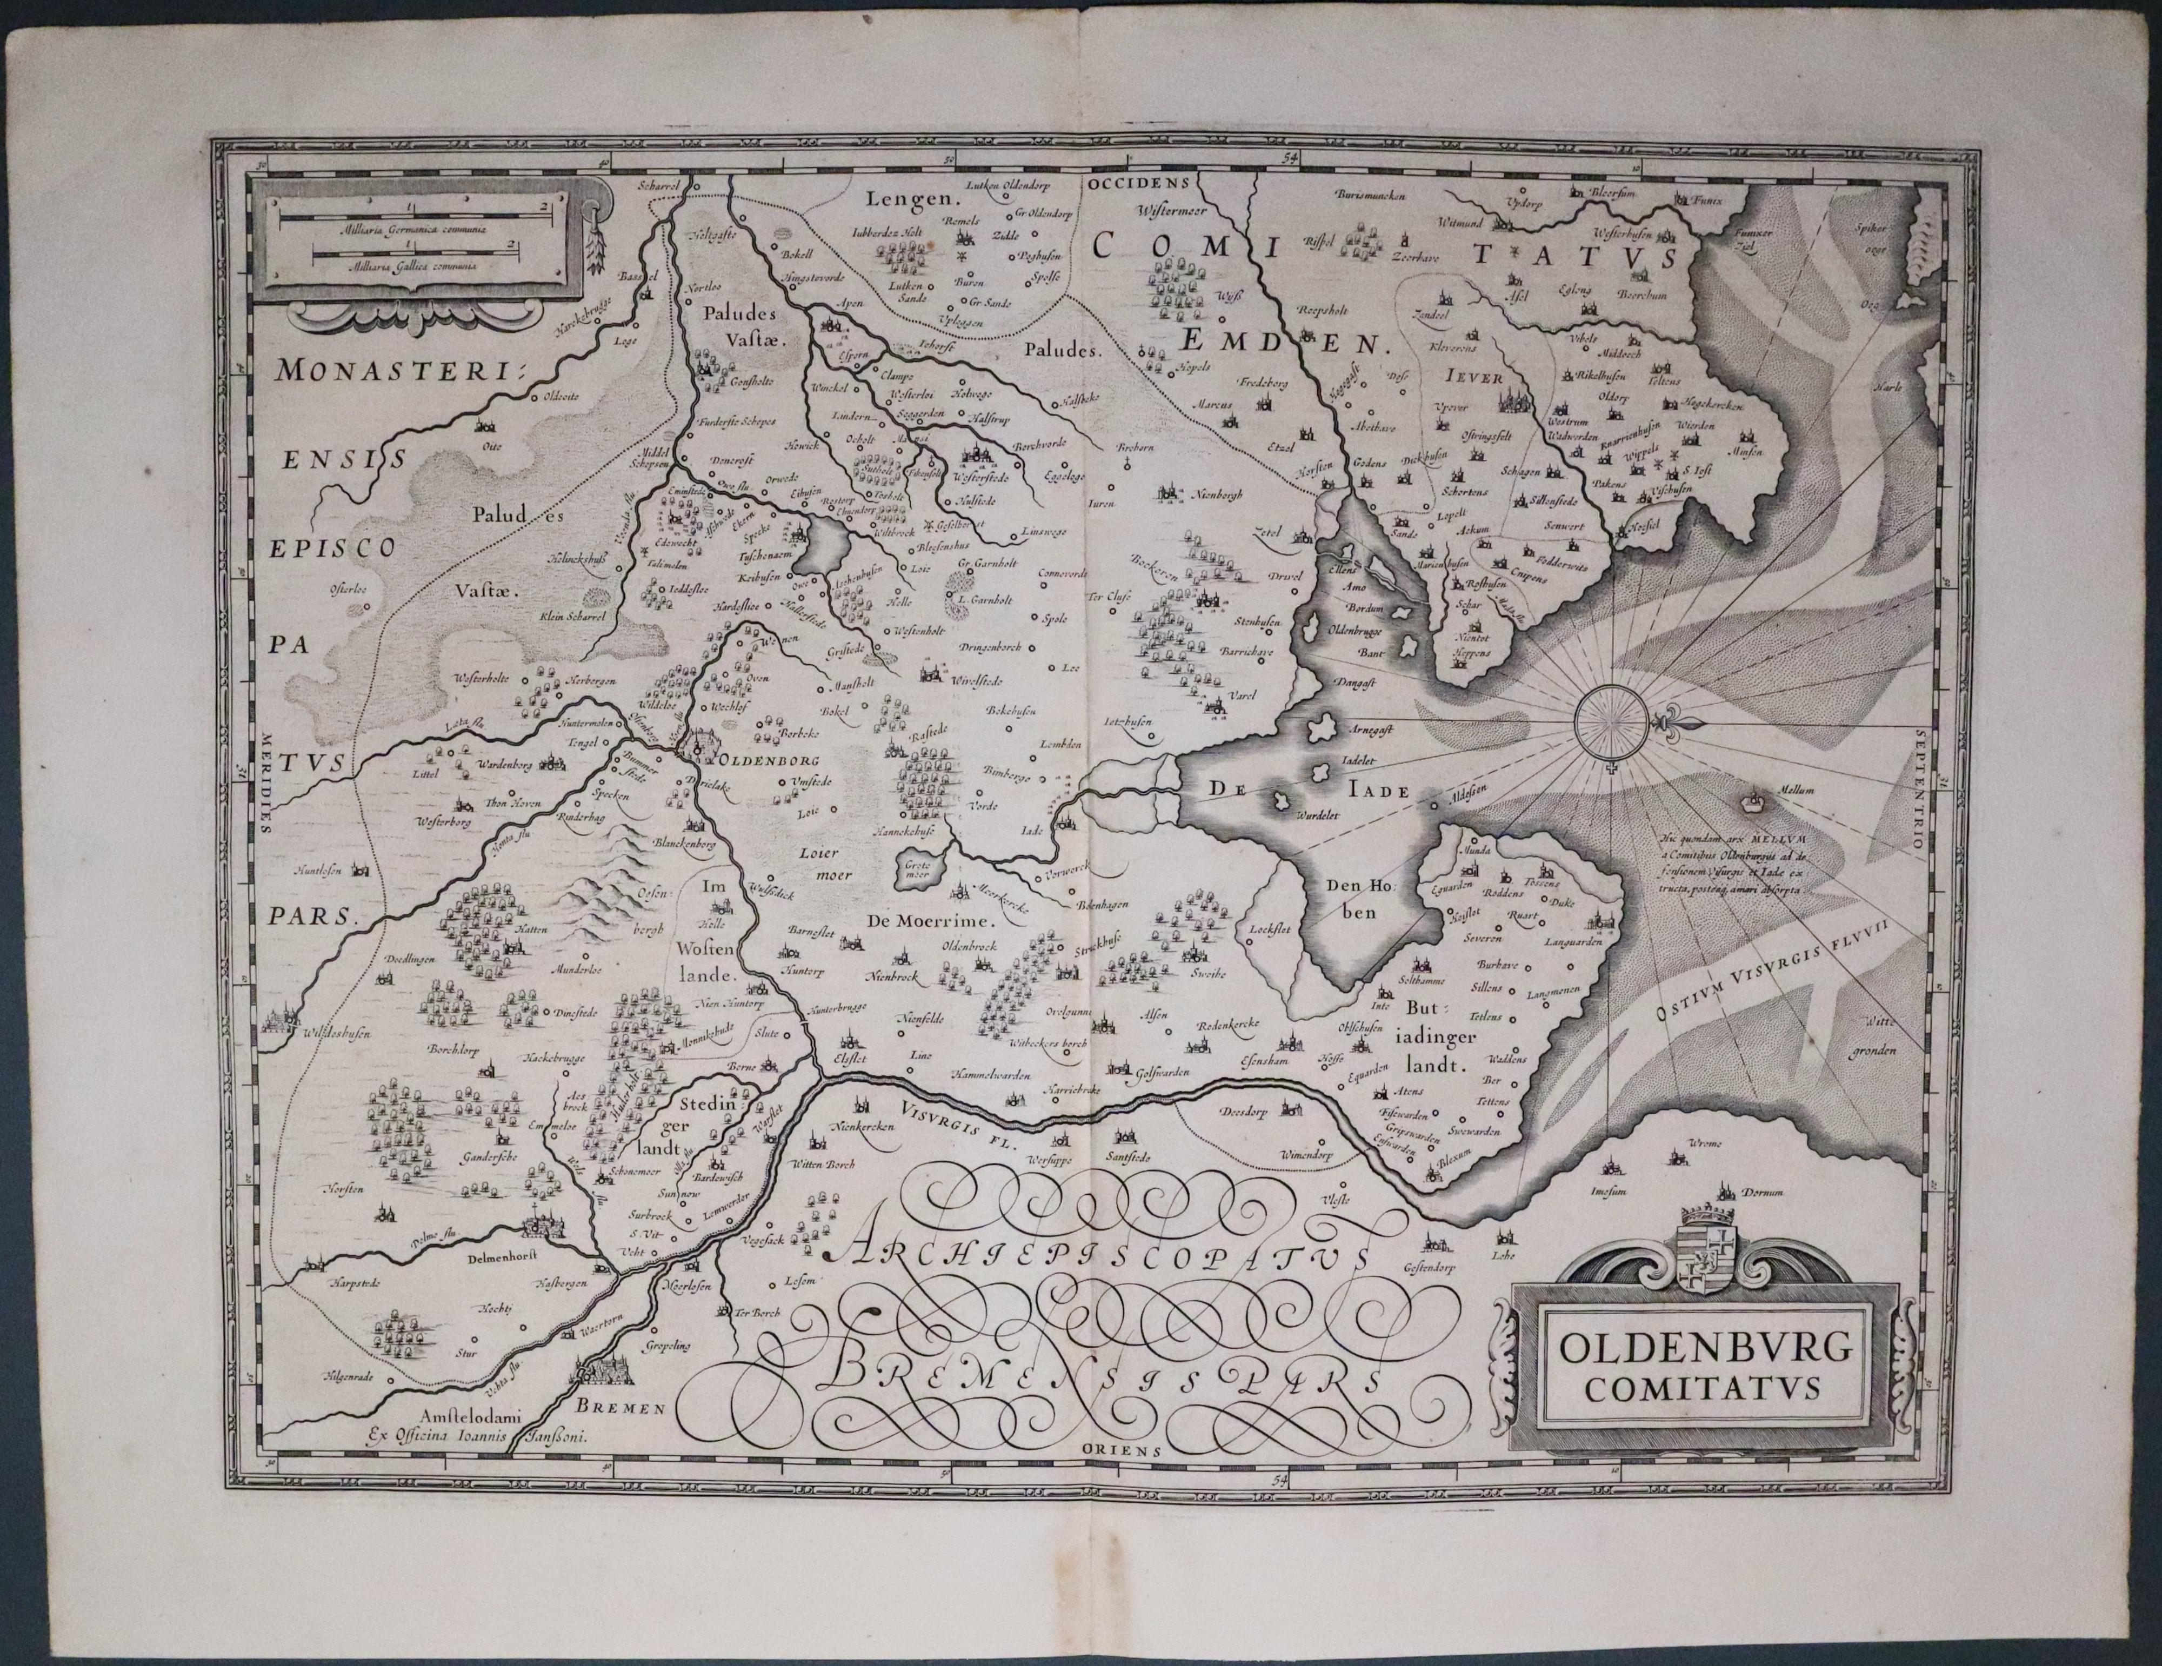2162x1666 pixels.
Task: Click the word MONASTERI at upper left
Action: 401,371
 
